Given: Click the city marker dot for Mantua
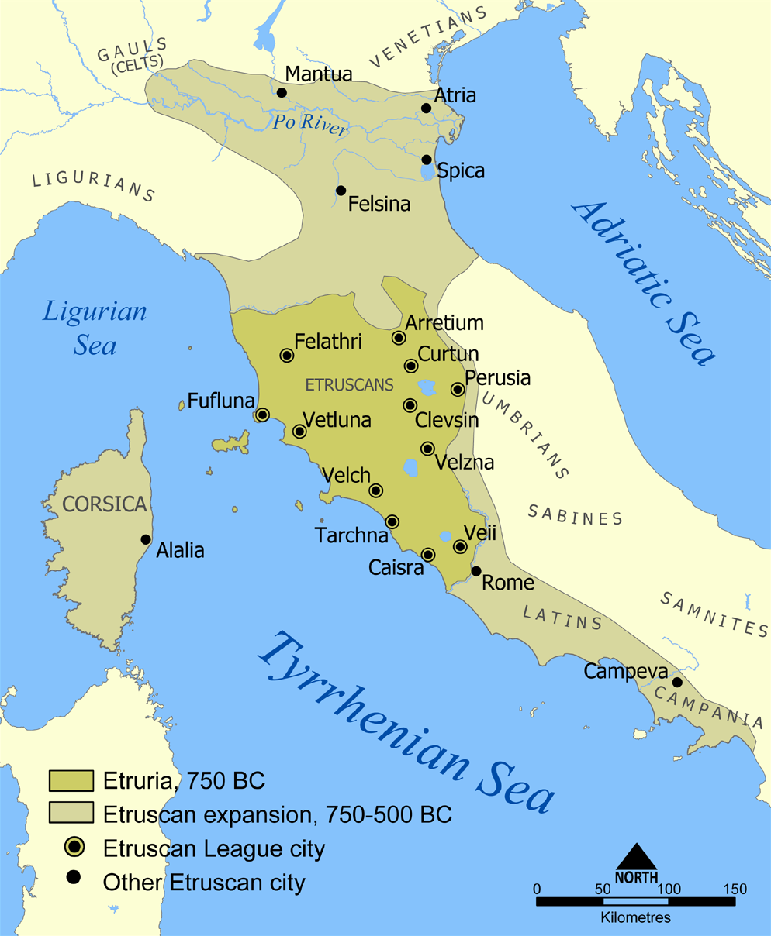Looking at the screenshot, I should (x=282, y=93).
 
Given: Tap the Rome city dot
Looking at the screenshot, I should (x=476, y=571).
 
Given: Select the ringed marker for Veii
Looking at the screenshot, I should (x=460, y=547).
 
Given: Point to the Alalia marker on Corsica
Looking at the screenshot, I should (x=145, y=539).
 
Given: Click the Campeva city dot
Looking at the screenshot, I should (x=677, y=682).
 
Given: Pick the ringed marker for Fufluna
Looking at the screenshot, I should (x=262, y=415).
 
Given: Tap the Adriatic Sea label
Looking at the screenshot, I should (x=643, y=282).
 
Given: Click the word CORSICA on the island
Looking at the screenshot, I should (x=104, y=504).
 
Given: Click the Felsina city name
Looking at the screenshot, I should (x=379, y=205).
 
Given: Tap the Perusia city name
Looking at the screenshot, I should (x=497, y=378).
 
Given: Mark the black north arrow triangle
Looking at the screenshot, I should (x=636, y=856).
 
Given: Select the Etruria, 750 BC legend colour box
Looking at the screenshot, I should (x=71, y=779).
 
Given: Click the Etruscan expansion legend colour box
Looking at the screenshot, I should (x=71, y=813).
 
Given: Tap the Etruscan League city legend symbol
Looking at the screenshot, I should (x=74, y=848).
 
